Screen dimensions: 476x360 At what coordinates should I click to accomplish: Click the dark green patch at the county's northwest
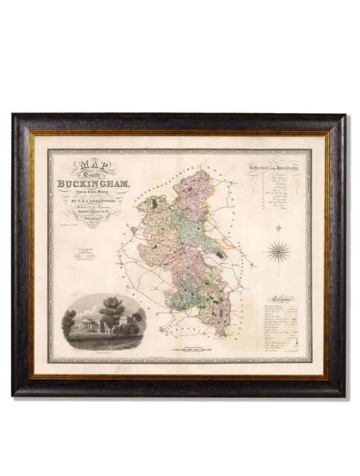(155, 202)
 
